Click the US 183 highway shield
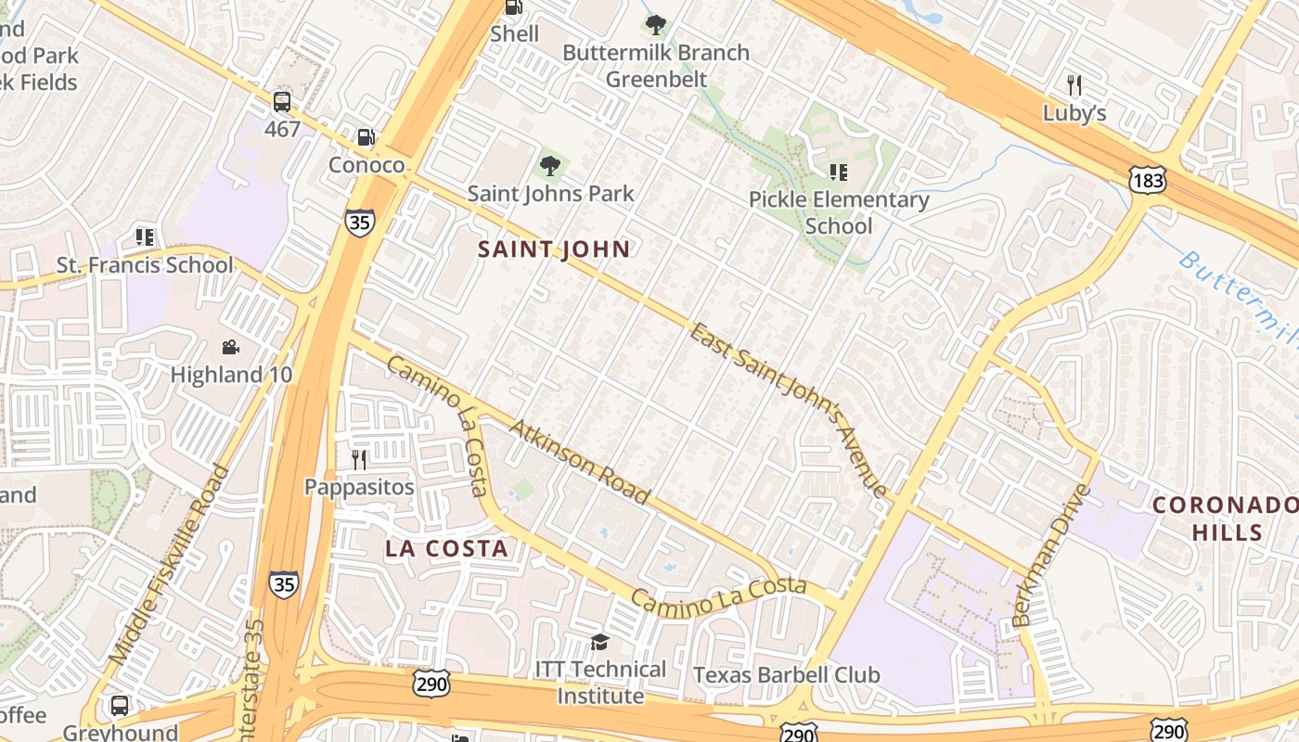(x=1148, y=180)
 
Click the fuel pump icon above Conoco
(x=367, y=137)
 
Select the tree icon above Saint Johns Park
(x=550, y=166)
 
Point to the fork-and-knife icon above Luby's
(x=1074, y=85)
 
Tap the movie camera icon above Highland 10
(x=230, y=348)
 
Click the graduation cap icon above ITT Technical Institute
(x=600, y=642)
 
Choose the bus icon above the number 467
(x=282, y=102)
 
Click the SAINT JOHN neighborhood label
(x=554, y=249)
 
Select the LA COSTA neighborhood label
(x=447, y=548)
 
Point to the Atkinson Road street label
(x=580, y=461)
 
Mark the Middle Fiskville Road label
(x=169, y=564)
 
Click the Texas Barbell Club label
(x=787, y=674)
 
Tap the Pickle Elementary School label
(x=839, y=212)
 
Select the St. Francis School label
(x=145, y=265)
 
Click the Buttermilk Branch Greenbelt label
(x=656, y=66)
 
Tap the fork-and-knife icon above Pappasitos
(x=359, y=459)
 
